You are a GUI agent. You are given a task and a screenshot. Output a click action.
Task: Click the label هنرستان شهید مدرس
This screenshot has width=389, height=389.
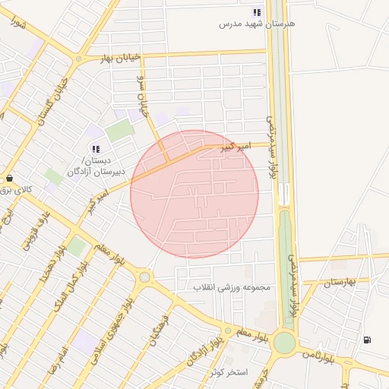coord(257,24)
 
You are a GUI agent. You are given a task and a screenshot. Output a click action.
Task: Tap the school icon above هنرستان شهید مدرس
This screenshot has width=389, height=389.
coord(257,12)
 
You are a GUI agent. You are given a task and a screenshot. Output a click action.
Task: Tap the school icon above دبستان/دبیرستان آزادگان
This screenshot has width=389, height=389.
coord(95,148)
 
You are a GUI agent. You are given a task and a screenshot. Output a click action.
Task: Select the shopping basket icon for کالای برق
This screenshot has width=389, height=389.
coord(9,177)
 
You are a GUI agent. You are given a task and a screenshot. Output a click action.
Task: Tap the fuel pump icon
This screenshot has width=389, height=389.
coord(368,340)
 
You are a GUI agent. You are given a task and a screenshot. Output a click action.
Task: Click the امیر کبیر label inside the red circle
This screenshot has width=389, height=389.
coord(234,144)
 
